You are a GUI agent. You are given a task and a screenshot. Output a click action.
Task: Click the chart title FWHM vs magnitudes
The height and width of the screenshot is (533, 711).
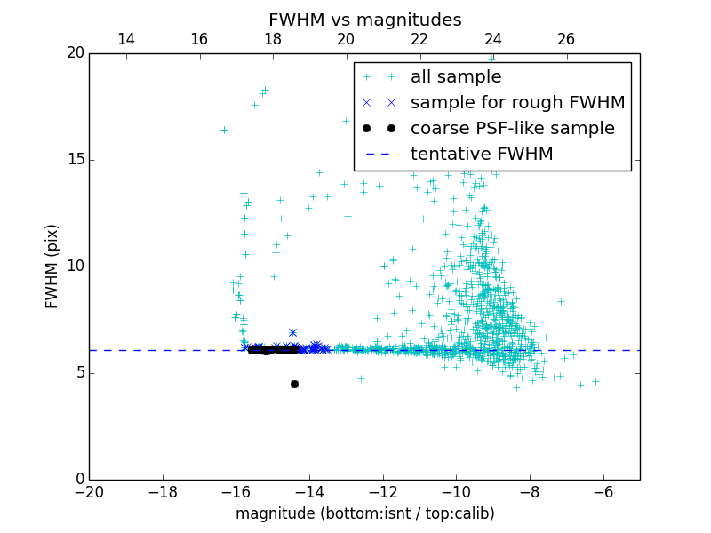364,20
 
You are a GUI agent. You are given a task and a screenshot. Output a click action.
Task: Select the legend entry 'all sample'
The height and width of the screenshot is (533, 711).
455,77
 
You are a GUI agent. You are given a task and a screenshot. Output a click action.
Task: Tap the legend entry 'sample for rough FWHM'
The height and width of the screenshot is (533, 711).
517,102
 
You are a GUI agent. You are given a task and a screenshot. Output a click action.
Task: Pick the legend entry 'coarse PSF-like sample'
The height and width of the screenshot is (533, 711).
512,128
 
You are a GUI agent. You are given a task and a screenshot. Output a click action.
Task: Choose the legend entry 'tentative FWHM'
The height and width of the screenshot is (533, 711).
482,154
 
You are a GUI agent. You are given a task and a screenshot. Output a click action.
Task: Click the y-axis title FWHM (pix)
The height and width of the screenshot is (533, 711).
52,266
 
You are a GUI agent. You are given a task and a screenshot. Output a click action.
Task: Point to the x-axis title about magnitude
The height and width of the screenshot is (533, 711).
364,513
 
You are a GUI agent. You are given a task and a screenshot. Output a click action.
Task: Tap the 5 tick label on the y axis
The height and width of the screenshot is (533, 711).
78,373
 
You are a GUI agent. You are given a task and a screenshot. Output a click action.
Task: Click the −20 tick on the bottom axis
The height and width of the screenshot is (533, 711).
89,491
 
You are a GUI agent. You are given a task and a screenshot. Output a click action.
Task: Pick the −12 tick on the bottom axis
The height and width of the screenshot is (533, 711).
383,491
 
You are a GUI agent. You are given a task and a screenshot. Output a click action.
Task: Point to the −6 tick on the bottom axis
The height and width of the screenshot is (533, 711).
603,491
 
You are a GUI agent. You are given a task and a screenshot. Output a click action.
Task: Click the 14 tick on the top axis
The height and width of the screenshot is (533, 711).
126,39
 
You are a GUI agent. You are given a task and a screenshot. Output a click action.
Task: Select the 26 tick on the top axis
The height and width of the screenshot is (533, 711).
566,39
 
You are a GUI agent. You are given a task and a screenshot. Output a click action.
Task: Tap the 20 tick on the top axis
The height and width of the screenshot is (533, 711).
346,39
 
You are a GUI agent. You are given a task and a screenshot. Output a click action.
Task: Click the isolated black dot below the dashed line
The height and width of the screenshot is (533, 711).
294,384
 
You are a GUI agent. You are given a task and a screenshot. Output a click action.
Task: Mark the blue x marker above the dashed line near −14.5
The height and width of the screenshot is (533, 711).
292,332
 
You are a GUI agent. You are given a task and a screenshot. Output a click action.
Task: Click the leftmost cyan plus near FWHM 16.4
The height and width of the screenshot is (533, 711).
224,130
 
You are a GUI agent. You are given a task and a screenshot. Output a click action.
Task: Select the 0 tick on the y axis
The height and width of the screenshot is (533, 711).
78,480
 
